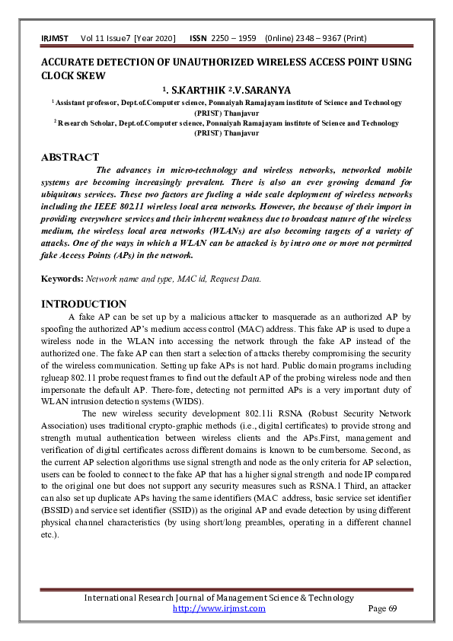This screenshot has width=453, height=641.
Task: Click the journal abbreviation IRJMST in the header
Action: (x=54, y=38)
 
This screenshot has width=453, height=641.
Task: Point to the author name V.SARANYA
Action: (x=263, y=89)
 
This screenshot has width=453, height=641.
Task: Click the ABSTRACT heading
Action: (x=70, y=158)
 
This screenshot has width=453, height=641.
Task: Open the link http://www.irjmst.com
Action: (x=219, y=608)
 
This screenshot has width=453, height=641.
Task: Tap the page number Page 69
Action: (x=382, y=608)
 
